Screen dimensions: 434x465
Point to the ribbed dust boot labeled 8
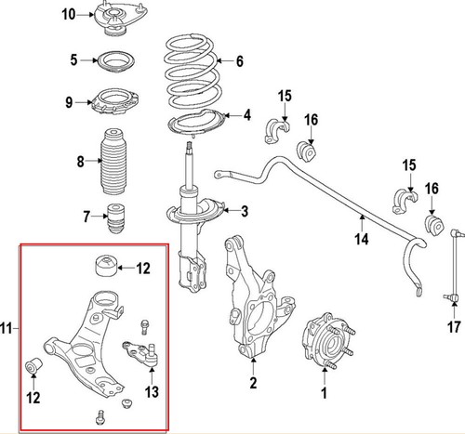point(114,162)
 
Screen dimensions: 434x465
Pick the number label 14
point(362,237)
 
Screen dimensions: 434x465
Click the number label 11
point(8,328)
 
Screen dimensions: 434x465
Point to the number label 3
point(244,213)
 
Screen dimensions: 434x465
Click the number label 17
point(453,327)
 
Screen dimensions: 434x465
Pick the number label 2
point(252,382)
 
